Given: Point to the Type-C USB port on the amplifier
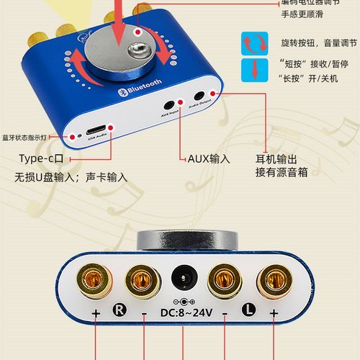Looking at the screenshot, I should coord(96,133).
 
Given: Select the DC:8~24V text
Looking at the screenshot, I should coord(183,313).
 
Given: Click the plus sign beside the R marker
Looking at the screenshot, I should coord(95,313).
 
